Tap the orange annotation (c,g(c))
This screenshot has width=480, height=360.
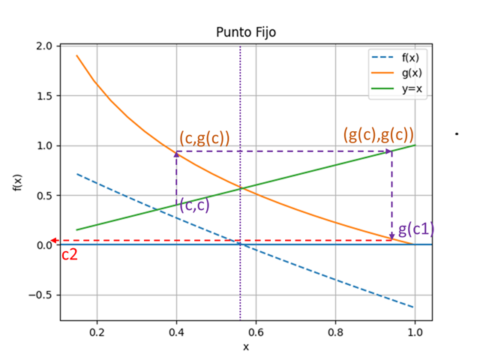click(205, 137)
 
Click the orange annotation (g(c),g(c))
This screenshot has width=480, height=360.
click(378, 135)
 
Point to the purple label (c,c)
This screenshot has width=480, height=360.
click(194, 205)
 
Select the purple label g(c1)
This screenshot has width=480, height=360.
click(415, 229)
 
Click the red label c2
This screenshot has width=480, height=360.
click(70, 255)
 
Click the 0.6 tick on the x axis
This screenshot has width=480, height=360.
click(256, 332)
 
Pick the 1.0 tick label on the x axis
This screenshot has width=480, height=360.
click(415, 332)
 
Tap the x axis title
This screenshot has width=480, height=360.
click(245, 346)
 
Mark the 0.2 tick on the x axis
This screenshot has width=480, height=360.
click(97, 332)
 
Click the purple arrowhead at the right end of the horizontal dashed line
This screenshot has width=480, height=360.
click(389, 151)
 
